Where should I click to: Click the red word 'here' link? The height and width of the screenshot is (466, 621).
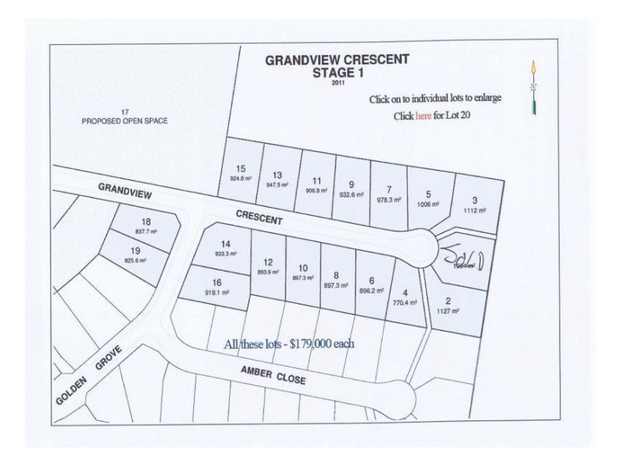(x=423, y=116)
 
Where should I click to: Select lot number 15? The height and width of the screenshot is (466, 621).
(x=241, y=169)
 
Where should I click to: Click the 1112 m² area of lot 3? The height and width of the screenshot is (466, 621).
(x=476, y=210)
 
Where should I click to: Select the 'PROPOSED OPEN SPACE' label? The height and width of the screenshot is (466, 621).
(x=125, y=121)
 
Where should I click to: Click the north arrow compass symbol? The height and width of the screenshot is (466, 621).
(x=534, y=88)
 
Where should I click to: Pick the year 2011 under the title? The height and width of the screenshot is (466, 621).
(x=337, y=82)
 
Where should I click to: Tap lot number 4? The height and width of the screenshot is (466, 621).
(x=406, y=291)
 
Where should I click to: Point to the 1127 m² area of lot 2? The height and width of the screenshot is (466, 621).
(x=449, y=311)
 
